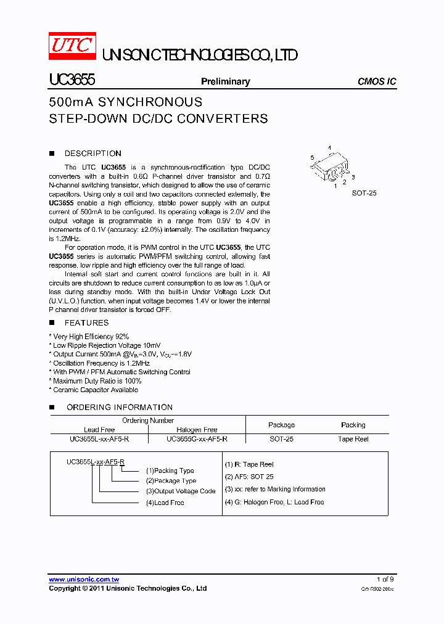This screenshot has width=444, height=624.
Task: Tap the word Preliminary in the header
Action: point(226,81)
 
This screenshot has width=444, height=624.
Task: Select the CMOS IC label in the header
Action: point(377,81)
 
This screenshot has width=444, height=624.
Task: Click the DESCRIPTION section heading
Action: point(92,154)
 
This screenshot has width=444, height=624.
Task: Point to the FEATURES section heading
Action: point(86,322)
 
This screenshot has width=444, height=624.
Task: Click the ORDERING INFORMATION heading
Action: point(119,407)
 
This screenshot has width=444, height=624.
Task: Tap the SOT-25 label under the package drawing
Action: point(364,193)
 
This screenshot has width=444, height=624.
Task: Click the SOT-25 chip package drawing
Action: point(329,166)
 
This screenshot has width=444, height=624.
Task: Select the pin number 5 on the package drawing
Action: point(313,158)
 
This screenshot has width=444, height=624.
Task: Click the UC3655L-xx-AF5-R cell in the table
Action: point(99,439)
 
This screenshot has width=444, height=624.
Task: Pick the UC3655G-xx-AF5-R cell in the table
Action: point(197,439)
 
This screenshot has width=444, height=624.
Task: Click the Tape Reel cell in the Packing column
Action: point(353,439)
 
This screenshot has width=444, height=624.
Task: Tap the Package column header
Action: point(281,425)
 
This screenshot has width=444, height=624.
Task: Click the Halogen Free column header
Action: point(197,430)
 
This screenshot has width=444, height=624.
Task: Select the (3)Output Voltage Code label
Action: point(181,491)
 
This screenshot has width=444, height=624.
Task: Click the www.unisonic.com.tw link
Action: point(84,580)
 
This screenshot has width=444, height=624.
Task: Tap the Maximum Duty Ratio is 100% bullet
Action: point(97,381)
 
